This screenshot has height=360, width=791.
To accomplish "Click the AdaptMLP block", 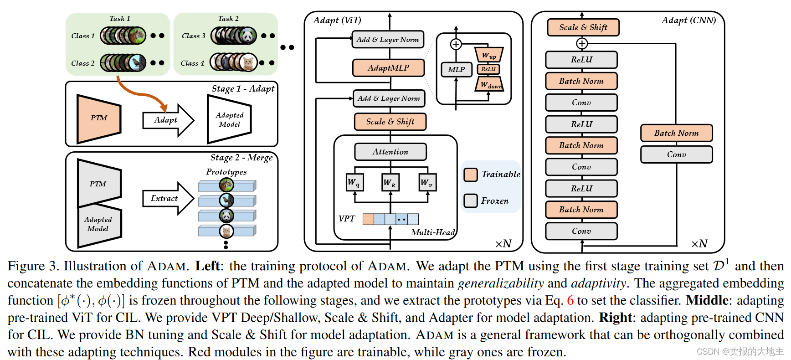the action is (x=389, y=68).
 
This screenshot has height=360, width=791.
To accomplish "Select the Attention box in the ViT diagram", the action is (x=390, y=152).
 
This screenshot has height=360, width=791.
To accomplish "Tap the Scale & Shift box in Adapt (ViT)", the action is (x=390, y=122).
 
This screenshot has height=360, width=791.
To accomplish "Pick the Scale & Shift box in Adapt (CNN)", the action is (x=583, y=27).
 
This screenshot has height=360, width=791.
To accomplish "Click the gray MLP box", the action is (x=457, y=69).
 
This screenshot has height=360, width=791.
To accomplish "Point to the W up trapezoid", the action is (x=489, y=55).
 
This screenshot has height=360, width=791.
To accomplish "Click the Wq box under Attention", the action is (x=354, y=182).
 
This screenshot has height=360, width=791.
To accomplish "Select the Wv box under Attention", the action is (x=427, y=182).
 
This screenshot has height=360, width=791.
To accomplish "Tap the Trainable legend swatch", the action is (x=471, y=175).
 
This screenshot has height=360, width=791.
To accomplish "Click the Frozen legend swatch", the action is (x=471, y=201).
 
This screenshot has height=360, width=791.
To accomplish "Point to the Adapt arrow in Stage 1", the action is (x=168, y=120).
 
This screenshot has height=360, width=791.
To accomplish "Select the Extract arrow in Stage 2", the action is (x=168, y=198).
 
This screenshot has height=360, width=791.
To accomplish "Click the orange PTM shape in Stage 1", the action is (x=99, y=118).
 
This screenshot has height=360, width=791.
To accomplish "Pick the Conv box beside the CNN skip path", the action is (x=677, y=154).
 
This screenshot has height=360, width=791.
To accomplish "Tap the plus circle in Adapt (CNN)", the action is (x=582, y=44).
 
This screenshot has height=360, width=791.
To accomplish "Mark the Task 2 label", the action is (x=228, y=19).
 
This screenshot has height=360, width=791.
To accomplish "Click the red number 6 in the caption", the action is (x=570, y=300).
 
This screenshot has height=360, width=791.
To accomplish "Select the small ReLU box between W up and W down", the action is (x=488, y=69).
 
